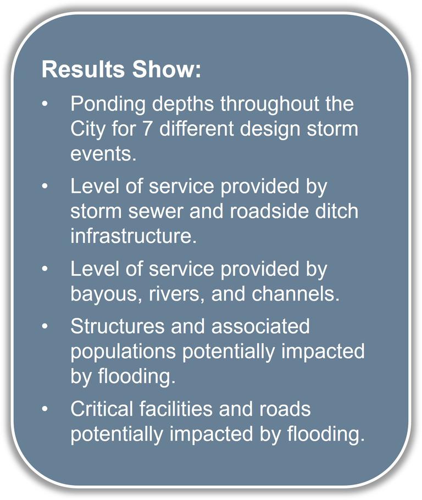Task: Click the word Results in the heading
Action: click(x=83, y=69)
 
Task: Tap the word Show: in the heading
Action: click(x=167, y=69)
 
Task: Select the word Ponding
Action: click(x=108, y=105)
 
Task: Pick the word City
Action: click(x=87, y=130)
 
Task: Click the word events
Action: click(x=103, y=154)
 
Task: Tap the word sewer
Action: click(x=156, y=212)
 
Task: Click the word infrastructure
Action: click(x=134, y=236)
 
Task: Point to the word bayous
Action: click(x=106, y=295)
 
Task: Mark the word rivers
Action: click(x=177, y=294)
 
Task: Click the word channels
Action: click(x=296, y=293)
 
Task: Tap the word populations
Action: click(x=123, y=352)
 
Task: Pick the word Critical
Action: click(x=102, y=409)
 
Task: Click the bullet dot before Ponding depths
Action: click(x=45, y=104)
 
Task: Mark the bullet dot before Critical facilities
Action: click(x=45, y=408)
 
